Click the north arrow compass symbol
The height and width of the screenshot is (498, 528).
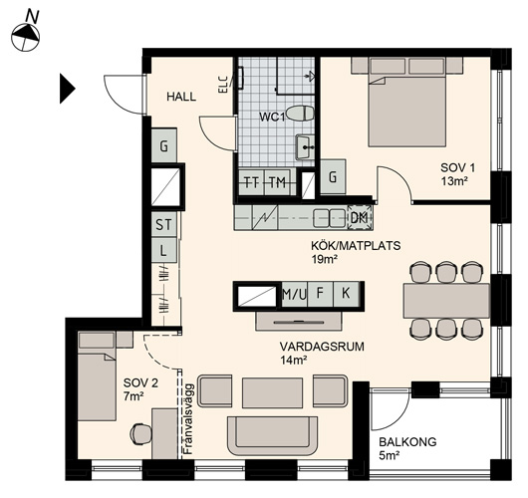(26, 37)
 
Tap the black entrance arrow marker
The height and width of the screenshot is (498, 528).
(68, 89)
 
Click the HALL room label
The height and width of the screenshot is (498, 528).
(181, 97)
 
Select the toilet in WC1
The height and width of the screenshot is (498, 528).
(299, 114)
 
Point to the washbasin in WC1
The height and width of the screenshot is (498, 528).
(306, 147)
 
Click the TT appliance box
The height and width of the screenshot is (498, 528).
(251, 182)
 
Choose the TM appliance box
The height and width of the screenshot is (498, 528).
(277, 182)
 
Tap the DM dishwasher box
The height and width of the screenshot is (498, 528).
(360, 217)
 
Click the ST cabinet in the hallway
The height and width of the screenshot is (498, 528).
(164, 224)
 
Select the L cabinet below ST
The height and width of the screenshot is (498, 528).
(164, 250)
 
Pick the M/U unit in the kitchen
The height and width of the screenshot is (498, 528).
(294, 294)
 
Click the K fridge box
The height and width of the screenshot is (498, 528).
(346, 294)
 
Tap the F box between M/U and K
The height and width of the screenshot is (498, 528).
(320, 294)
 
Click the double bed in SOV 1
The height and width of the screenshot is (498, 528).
(407, 102)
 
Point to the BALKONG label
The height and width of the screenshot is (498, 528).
(407, 442)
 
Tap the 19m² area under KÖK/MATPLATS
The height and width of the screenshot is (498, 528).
(325, 259)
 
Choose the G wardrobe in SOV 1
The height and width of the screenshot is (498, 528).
(333, 176)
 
